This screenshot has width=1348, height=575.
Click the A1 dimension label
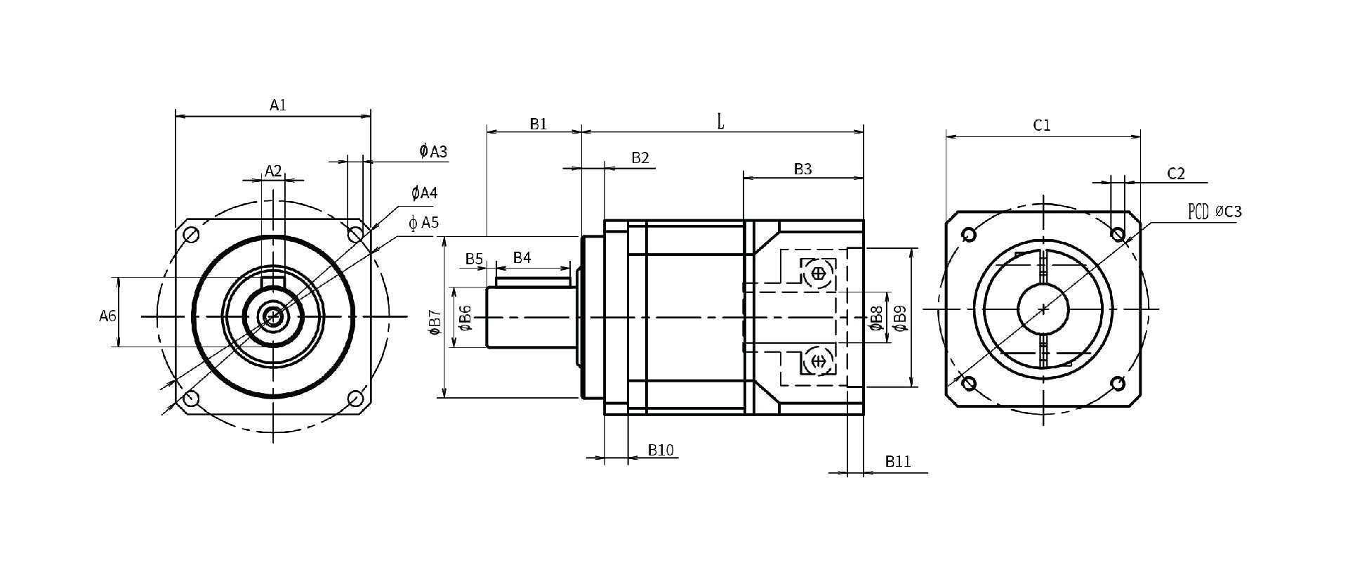(278, 105)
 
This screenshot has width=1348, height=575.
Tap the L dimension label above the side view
(720, 122)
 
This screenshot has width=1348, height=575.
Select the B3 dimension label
(802, 169)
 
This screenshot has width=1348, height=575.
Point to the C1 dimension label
(1042, 126)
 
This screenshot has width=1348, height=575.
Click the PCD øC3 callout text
(1215, 211)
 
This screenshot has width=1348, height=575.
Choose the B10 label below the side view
(661, 450)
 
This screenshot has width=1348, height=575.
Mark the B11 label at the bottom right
(898, 462)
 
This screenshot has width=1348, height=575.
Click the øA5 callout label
(424, 223)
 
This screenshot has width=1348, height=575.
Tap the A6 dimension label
(107, 316)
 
